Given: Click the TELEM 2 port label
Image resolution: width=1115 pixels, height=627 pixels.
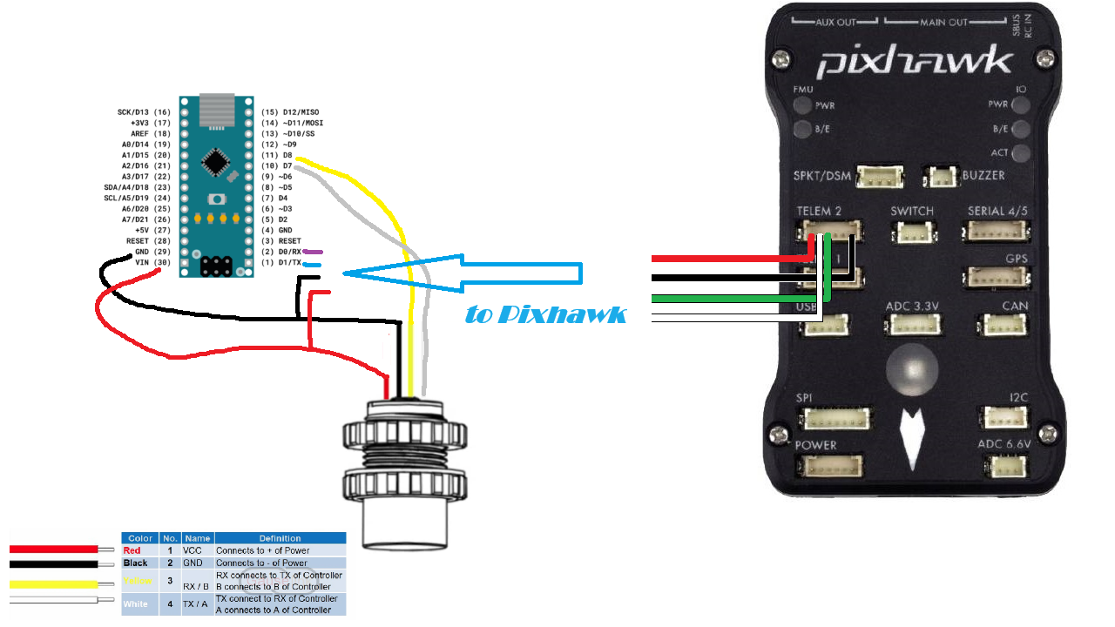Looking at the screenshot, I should pyautogui.click(x=819, y=212).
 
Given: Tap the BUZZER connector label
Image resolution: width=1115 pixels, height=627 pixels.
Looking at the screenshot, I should pyautogui.click(x=983, y=175).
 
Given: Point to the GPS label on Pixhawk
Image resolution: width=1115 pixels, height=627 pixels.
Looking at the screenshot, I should pyautogui.click(x=1017, y=259).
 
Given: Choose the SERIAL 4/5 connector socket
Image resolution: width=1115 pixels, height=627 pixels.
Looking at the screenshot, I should pyautogui.click(x=997, y=232).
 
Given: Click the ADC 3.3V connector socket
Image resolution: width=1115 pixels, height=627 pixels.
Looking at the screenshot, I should pyautogui.click(x=911, y=324).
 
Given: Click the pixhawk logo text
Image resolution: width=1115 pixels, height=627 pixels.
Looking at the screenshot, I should pyautogui.click(x=915, y=63).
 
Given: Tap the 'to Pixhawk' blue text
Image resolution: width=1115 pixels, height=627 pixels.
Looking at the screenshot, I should pyautogui.click(x=545, y=314).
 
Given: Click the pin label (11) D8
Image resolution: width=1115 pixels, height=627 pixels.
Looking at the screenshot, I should pyautogui.click(x=277, y=155).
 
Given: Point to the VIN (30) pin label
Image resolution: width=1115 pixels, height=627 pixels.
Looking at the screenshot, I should pyautogui.click(x=152, y=262).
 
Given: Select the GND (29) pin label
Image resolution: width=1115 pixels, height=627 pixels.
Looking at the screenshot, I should pyautogui.click(x=152, y=252).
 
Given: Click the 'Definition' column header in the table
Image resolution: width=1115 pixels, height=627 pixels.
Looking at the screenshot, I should pyautogui.click(x=280, y=538).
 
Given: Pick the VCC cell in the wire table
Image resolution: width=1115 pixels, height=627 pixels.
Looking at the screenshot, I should pyautogui.click(x=193, y=550).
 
